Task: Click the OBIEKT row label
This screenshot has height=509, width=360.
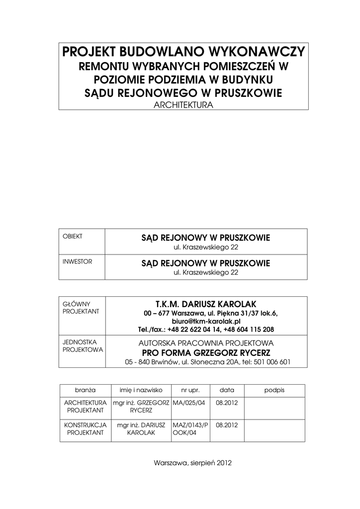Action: (x=72, y=236)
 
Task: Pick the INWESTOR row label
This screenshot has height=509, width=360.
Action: (x=77, y=261)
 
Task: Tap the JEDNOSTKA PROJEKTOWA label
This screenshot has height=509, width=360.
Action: (x=83, y=346)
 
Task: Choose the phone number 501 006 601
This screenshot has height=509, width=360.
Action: (x=273, y=362)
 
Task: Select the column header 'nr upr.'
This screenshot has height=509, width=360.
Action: (x=190, y=390)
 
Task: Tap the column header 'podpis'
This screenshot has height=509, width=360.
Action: (x=274, y=390)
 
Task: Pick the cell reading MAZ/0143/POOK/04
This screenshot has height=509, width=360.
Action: (x=190, y=428)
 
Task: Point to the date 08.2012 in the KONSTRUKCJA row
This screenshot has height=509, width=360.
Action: (x=227, y=425)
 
